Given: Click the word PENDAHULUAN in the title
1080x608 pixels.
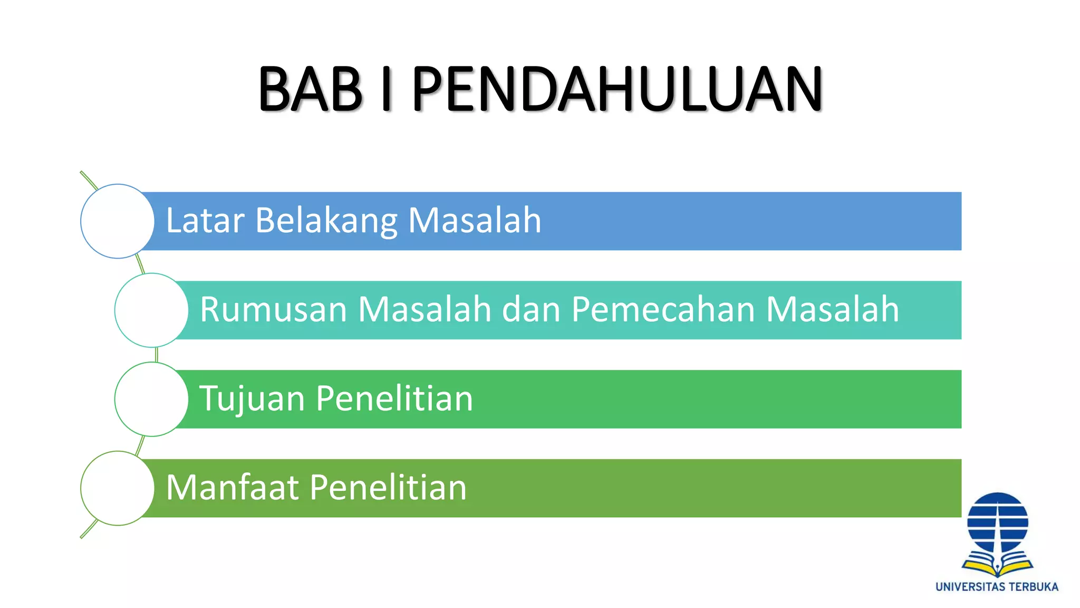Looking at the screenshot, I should tap(617, 89).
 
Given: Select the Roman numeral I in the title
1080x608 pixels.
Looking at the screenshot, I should tap(387, 89).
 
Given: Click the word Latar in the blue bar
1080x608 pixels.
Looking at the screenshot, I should tap(205, 221).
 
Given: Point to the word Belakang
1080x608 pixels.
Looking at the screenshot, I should tap(326, 221).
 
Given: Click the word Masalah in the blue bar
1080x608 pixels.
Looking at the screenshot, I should tap(475, 221).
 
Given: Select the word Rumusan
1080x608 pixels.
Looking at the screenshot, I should tap(273, 309).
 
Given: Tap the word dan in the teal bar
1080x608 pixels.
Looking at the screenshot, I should tap(531, 309).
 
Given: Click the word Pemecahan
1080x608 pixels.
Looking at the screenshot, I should tap(663, 309).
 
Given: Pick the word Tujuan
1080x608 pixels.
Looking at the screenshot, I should tap(252, 398).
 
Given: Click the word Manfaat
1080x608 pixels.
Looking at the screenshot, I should tap(233, 487).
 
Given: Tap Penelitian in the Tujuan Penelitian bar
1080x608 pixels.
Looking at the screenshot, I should tap(394, 398).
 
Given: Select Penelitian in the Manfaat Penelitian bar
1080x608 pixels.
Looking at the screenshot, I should tap(388, 487).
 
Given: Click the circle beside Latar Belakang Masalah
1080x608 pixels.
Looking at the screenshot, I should tap(118, 221).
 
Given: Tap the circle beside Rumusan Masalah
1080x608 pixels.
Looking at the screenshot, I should tap(151, 310).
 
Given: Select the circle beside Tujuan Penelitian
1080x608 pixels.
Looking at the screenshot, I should tap(151, 399).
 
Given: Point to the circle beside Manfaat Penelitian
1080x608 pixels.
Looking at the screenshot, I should tap(118, 488).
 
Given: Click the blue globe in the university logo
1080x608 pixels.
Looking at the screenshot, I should tap(997, 522).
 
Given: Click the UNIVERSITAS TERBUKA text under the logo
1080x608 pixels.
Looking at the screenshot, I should tap(997, 587).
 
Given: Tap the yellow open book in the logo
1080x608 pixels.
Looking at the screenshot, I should tap(997, 566).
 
